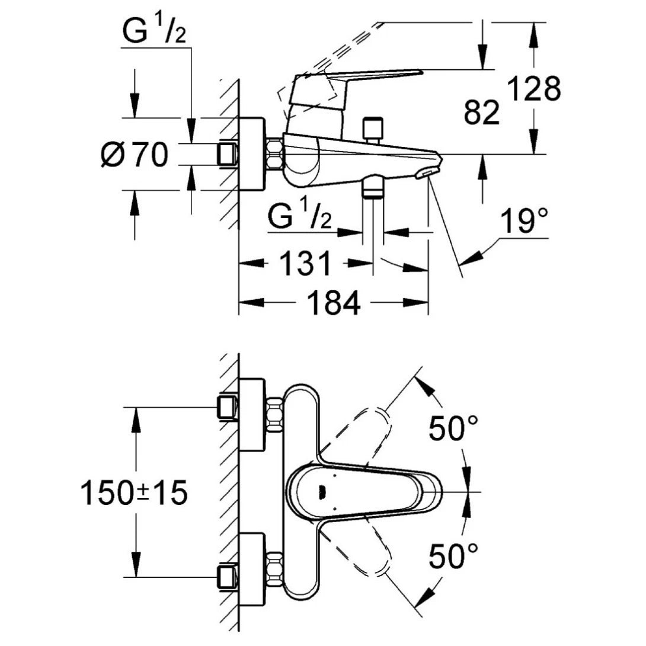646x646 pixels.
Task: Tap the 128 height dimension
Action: pos(533,89)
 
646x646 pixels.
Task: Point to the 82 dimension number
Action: pos(481,113)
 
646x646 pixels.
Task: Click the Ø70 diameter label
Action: pos(135,155)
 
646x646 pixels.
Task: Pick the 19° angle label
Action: pos(523,222)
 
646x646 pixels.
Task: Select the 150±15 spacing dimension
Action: pos(134,493)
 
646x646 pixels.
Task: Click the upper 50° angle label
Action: pos(453,427)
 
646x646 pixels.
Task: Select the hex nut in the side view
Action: pos(275,154)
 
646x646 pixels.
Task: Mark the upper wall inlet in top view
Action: pos(228,408)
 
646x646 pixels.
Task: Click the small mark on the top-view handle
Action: pos(322,491)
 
